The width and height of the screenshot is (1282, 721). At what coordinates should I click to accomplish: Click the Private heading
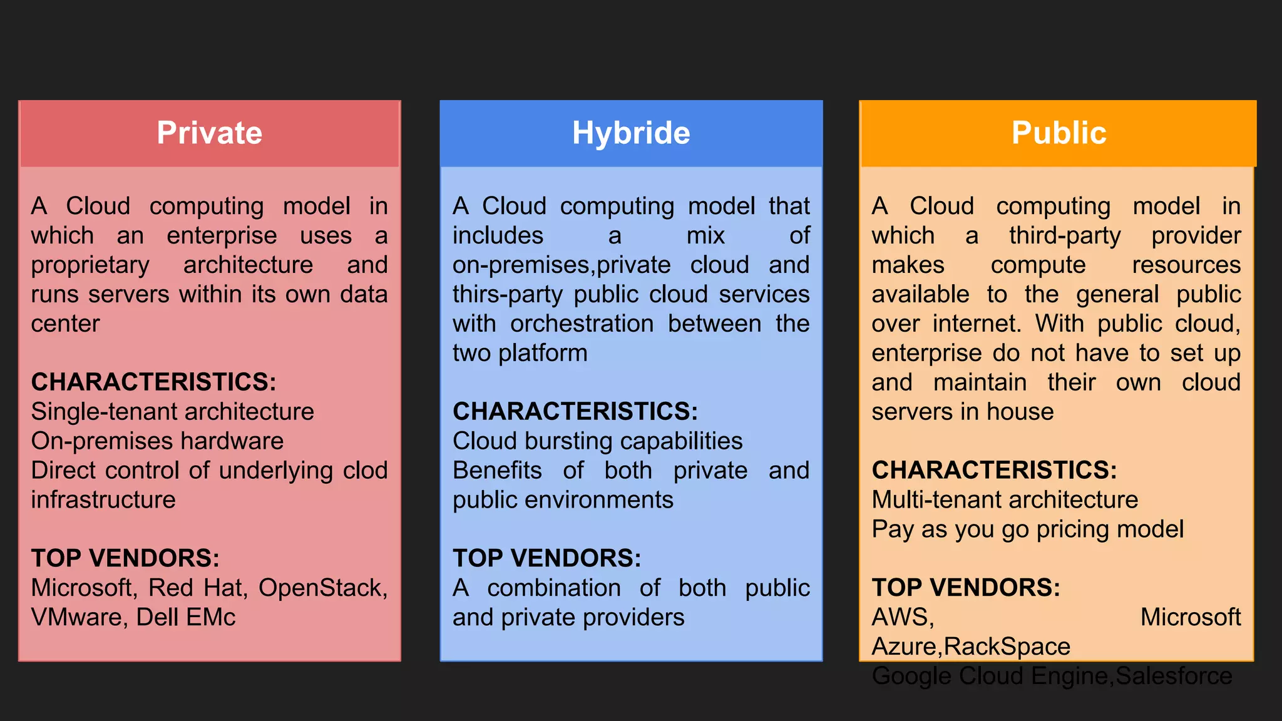(x=209, y=133)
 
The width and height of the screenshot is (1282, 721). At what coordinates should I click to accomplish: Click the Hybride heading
(x=631, y=133)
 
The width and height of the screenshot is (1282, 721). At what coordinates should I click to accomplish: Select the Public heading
(x=1059, y=133)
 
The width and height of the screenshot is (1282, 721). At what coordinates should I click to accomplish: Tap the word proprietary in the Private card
(x=90, y=265)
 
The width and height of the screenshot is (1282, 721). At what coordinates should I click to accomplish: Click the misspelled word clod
(x=366, y=471)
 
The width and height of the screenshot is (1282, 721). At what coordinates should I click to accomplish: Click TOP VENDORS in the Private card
(x=125, y=558)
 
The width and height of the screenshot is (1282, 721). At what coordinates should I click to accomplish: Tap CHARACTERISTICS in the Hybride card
(x=575, y=412)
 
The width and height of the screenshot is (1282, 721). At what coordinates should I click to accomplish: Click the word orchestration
(x=582, y=324)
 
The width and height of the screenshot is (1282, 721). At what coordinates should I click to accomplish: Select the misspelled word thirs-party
(x=507, y=295)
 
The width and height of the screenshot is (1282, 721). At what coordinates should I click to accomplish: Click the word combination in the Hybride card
(x=554, y=588)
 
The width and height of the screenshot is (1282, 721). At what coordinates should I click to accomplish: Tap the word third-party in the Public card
(x=1064, y=236)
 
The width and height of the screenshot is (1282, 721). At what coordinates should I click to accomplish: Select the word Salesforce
(x=1174, y=676)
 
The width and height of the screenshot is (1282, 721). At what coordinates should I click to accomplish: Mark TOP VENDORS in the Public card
(x=966, y=588)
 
